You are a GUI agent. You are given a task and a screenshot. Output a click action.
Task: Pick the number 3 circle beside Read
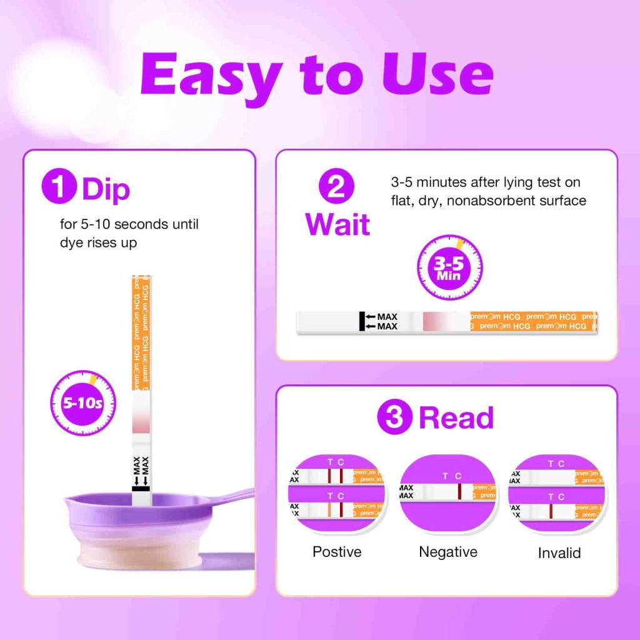(394, 417)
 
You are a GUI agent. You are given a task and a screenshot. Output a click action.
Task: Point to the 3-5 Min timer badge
(450, 267)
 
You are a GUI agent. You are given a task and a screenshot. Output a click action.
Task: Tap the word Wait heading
(337, 224)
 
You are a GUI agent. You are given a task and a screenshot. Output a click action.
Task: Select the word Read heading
(456, 417)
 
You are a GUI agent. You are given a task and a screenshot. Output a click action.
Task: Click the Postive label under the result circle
(337, 552)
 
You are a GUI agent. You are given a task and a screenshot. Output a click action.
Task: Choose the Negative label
(448, 552)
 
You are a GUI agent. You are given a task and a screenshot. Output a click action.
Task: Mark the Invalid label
(559, 553)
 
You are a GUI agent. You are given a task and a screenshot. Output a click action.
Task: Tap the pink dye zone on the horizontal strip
(436, 321)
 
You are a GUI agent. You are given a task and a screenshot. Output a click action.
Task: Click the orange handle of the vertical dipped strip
(142, 331)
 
